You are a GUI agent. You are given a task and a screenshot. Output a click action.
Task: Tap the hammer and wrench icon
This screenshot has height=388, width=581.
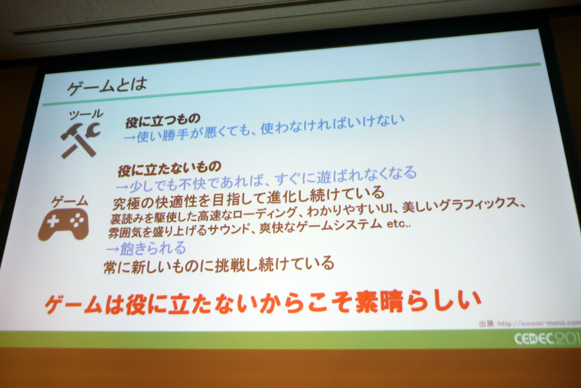[x=80, y=140]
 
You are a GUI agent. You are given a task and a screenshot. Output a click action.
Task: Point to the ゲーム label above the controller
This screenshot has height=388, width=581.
[x=69, y=201]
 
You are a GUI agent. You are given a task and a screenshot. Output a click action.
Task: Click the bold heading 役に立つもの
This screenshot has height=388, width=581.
[x=163, y=121]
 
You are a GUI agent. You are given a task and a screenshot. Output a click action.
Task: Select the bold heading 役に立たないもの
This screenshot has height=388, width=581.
[x=169, y=168]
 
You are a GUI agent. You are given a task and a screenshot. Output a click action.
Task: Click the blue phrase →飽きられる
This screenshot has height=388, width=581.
[x=146, y=248]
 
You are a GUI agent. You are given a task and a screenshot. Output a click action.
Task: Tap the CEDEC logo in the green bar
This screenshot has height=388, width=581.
[x=547, y=339]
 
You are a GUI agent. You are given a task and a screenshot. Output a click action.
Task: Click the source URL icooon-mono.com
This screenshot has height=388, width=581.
[x=548, y=323]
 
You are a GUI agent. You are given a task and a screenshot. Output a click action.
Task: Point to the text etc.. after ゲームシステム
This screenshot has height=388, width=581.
[x=399, y=224]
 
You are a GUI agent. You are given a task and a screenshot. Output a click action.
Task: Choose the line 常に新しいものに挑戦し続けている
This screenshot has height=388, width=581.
[x=219, y=265]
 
